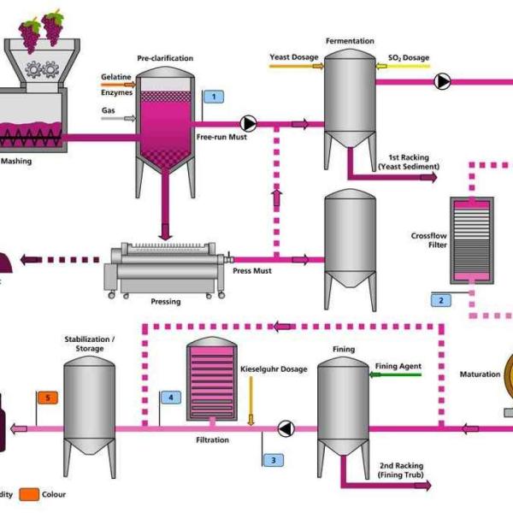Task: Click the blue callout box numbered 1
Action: click(212, 97)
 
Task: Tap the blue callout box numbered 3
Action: click(273, 460)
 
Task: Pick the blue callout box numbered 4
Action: click(171, 398)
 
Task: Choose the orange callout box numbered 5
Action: click(47, 398)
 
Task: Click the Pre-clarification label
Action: click(165, 58)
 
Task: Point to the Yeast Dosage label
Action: click(294, 57)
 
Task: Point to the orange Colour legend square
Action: click(29, 493)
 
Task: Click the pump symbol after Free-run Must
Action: click(249, 123)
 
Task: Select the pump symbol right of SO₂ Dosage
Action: click(442, 82)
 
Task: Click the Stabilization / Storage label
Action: click(90, 344)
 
